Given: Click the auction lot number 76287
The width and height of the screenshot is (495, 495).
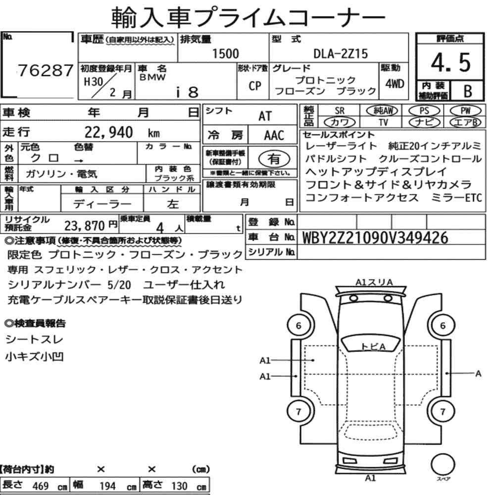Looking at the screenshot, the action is click(46, 70).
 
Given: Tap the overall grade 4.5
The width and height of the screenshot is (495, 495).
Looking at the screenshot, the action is click(450, 62).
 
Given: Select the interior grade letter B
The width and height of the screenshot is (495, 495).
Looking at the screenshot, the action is click(468, 91).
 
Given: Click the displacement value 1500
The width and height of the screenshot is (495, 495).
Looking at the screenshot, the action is click(225, 53).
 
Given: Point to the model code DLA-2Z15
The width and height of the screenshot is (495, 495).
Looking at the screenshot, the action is click(341, 53).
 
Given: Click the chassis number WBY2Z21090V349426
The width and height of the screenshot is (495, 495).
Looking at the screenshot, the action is click(375, 238).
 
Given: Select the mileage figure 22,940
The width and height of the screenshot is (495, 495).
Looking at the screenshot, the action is click(108, 132).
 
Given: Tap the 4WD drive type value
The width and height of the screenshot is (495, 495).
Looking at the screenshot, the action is click(395, 84).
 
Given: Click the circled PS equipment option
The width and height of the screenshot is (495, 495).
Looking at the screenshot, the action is click(424, 110).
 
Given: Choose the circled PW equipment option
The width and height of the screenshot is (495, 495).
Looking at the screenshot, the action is click(465, 110).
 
